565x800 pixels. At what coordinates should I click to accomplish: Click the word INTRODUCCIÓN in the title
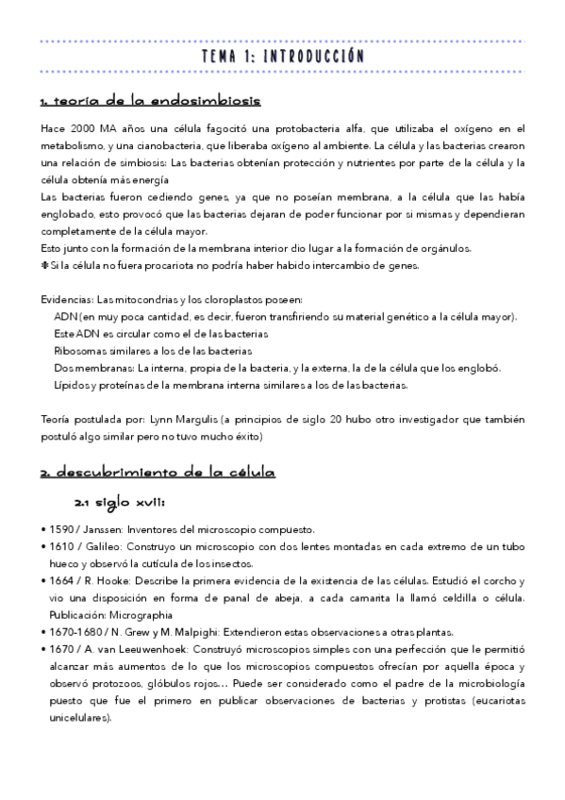pos(314,57)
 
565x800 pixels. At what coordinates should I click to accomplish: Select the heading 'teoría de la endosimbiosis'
pos(150,101)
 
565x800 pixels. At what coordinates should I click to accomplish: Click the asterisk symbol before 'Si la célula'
pos(45,265)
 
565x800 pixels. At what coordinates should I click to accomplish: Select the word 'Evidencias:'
pos(68,299)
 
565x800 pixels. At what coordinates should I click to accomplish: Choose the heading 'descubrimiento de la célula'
pos(158,471)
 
